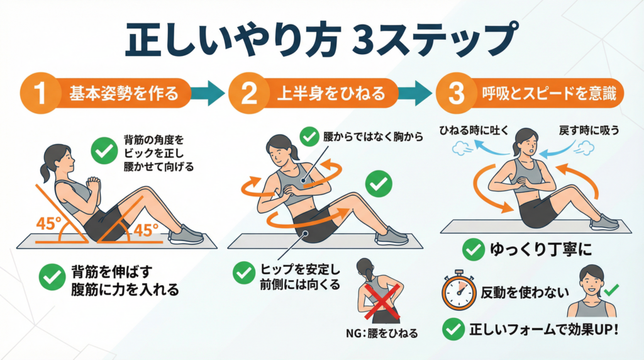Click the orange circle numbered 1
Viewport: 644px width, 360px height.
(40, 93)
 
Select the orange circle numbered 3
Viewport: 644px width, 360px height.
(456, 93)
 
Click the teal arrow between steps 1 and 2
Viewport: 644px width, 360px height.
(208, 93)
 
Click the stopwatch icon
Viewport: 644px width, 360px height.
(458, 290)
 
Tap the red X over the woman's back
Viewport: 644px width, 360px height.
(382, 301)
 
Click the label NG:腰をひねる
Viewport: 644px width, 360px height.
(382, 333)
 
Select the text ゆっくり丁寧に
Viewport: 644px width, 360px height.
(541, 249)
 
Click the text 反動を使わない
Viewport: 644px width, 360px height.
(525, 293)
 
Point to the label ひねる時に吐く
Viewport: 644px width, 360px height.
(474, 131)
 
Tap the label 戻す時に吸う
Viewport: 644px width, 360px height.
(589, 131)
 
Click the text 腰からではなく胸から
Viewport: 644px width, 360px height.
(373, 137)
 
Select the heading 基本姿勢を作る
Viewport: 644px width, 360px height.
(124, 93)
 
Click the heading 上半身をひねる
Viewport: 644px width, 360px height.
(331, 93)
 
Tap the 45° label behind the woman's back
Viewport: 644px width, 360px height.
(48, 223)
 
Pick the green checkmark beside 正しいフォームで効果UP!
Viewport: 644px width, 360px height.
(454, 329)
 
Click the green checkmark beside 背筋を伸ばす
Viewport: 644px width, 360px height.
(52, 276)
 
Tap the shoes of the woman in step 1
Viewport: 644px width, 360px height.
(186, 235)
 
